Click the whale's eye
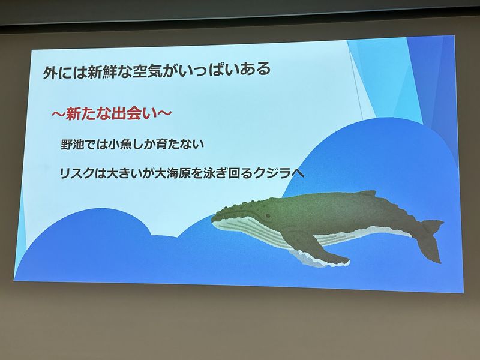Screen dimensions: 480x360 (268, 215)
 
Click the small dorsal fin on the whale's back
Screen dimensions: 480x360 (367, 193)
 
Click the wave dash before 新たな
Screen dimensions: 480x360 (58, 115)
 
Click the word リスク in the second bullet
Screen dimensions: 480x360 (77, 173)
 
